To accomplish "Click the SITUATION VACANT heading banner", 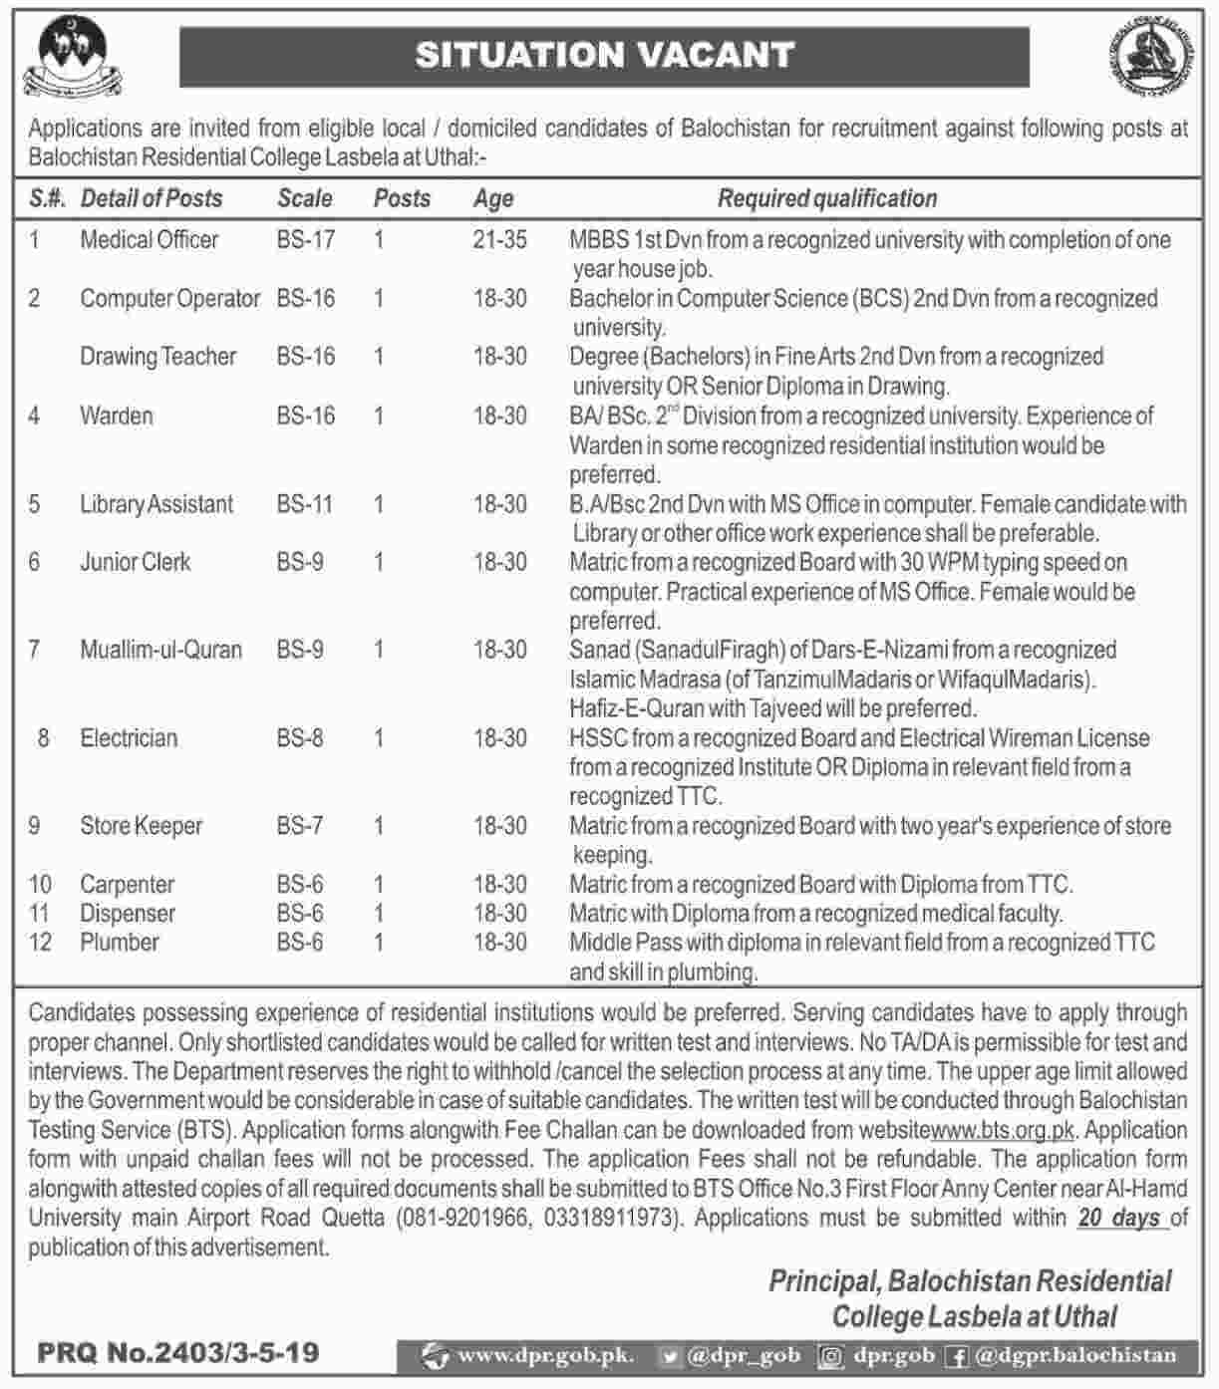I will tap(604, 55).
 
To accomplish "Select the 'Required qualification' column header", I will tap(827, 199).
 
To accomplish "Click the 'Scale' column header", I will tap(305, 199).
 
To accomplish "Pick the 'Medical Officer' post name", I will tap(150, 240).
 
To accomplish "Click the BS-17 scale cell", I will tap(306, 240).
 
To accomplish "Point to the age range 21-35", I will tap(500, 240).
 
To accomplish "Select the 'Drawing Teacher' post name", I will tap(158, 357).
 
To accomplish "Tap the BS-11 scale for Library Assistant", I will tap(305, 504).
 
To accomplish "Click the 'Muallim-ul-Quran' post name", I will tap(161, 651).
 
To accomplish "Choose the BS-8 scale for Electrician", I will tap(300, 738).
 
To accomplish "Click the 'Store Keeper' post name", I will tap(142, 826).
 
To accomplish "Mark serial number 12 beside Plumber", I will tap(40, 943).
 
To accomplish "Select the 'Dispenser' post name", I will tap(128, 914).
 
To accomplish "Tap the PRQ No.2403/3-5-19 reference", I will tap(178, 1353).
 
